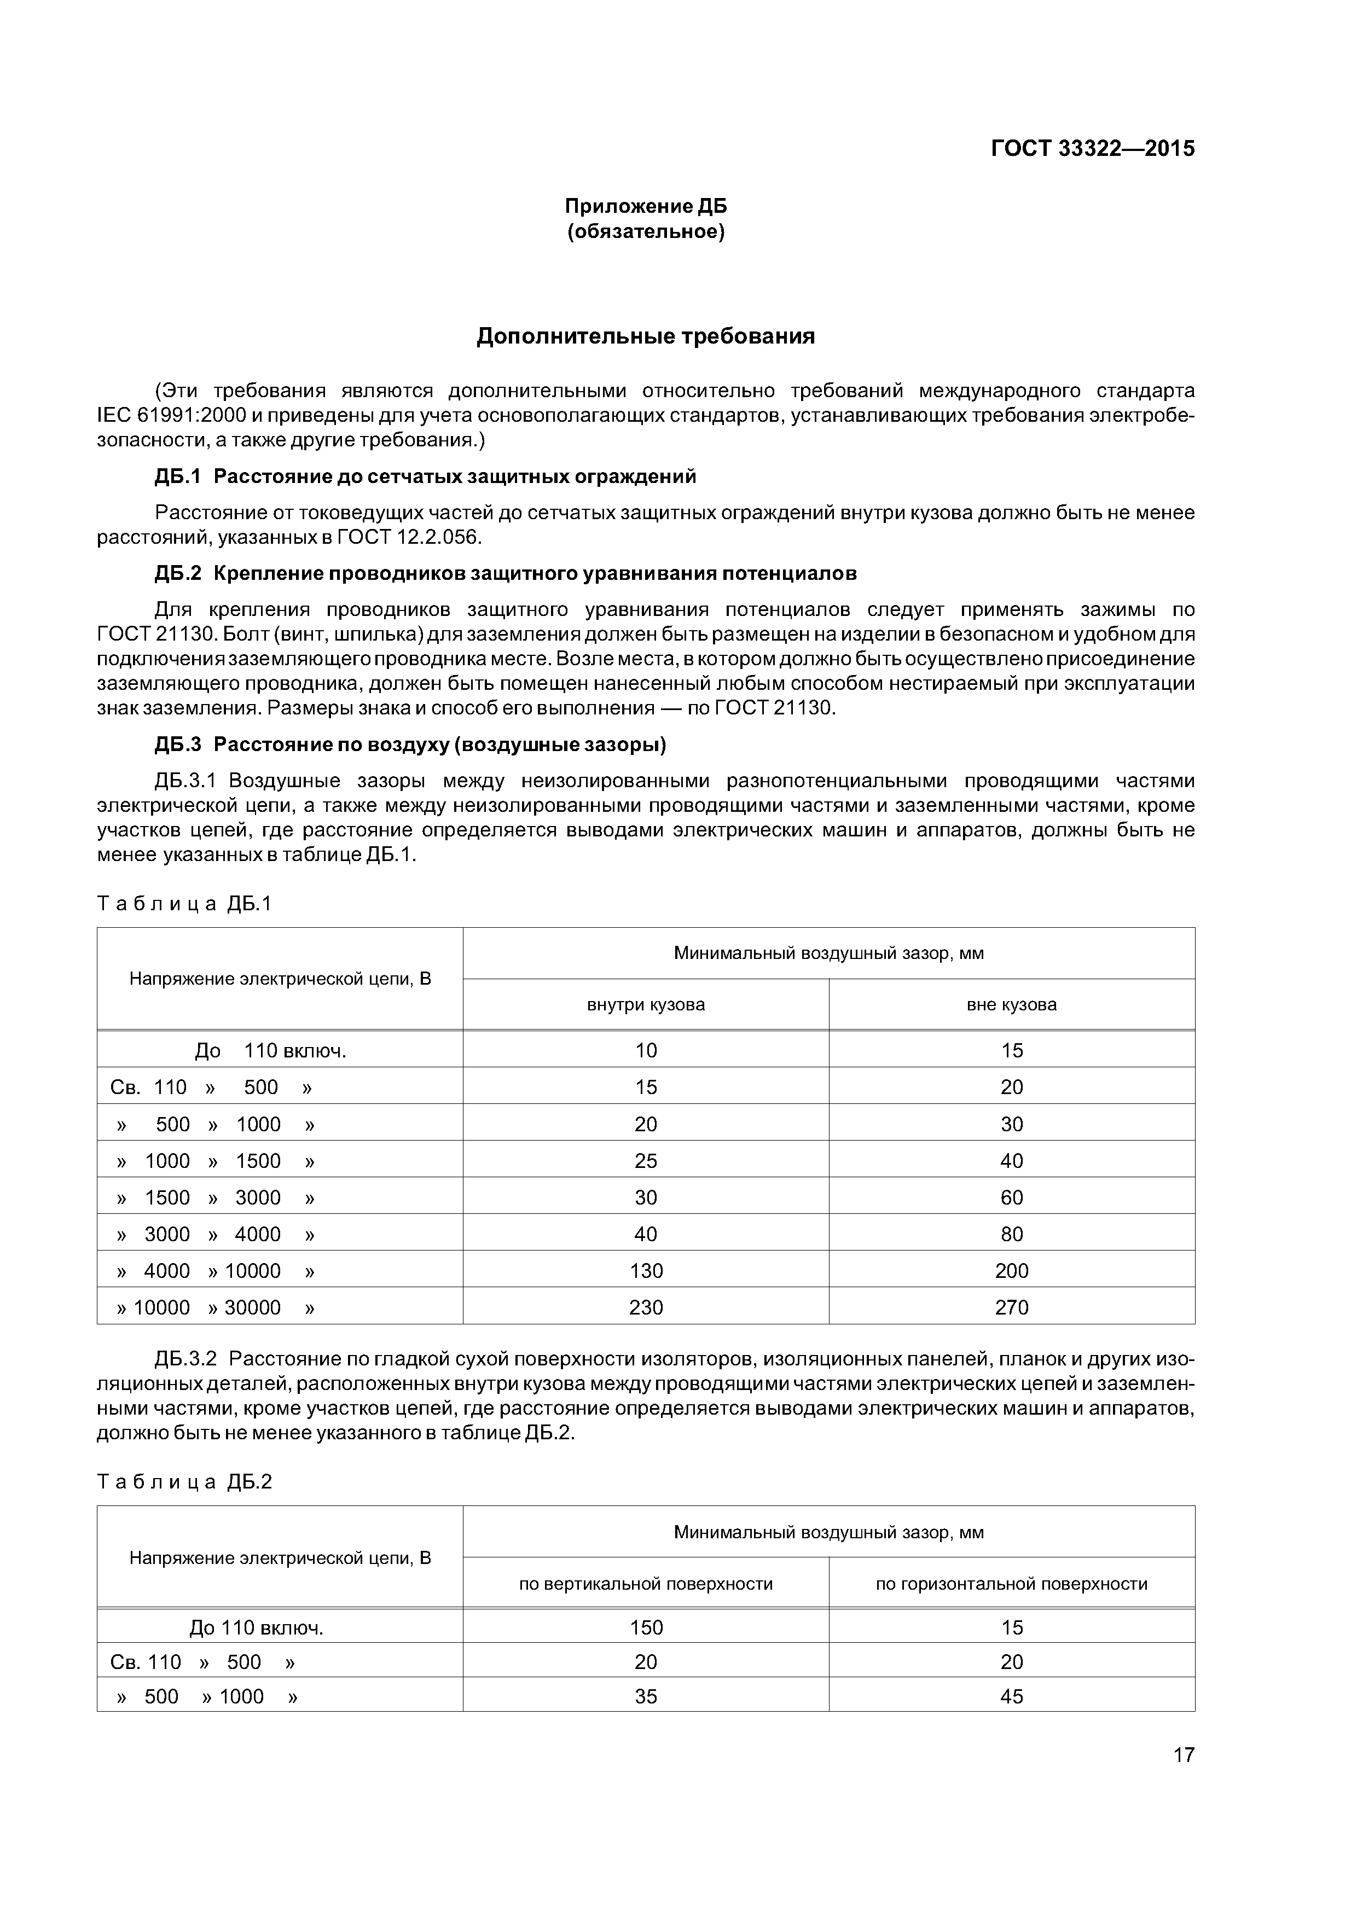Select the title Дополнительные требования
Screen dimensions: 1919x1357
646,337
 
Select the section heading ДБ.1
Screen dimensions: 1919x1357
178,477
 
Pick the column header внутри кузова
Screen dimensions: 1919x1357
646,1005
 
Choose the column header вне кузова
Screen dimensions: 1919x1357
1012,1005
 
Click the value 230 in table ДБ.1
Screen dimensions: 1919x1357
646,1307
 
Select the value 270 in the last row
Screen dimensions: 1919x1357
1012,1307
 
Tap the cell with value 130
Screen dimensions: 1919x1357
646,1270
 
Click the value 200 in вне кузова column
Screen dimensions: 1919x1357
1012,1270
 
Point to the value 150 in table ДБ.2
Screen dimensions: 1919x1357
646,1627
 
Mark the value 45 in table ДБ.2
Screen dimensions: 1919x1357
1012,1696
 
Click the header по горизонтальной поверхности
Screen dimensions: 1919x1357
1012,1584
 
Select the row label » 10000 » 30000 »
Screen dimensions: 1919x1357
216,1307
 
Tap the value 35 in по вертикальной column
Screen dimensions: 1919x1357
646,1696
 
